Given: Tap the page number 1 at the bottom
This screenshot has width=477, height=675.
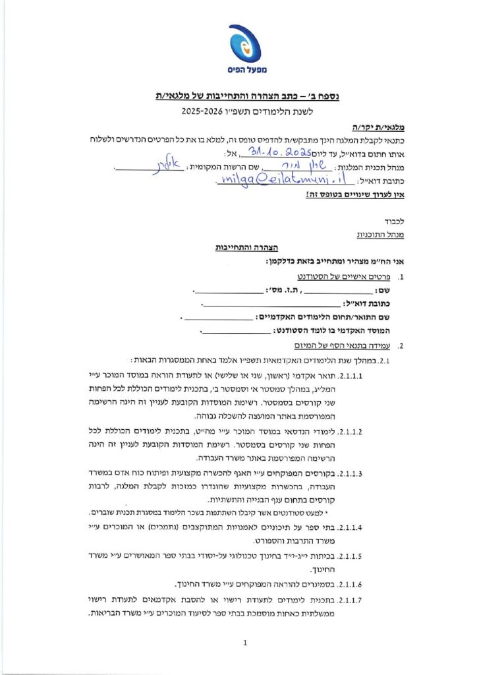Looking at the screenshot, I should tap(244, 642).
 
